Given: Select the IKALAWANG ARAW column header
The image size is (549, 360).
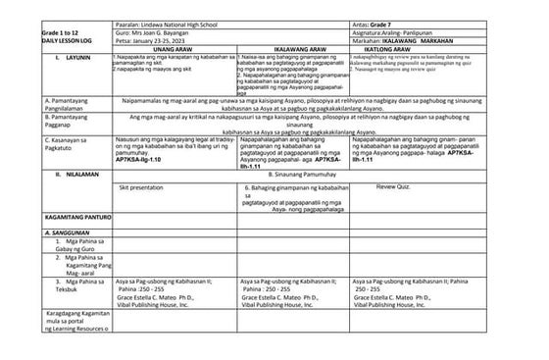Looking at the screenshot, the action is click(x=292, y=47).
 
